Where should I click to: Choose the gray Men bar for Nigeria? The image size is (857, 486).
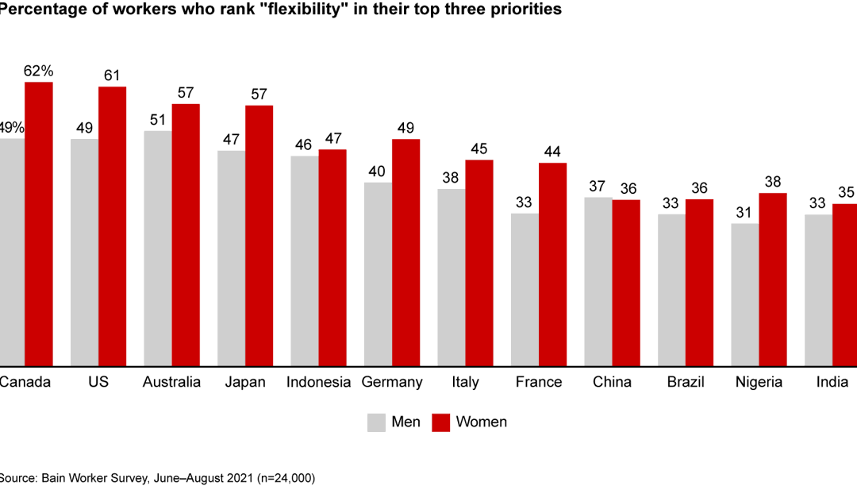click(745, 295)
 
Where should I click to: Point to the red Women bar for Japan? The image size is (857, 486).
click(259, 236)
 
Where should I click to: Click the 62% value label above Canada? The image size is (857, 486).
click(38, 71)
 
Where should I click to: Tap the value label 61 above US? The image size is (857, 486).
click(112, 75)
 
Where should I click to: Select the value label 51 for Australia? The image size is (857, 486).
click(157, 120)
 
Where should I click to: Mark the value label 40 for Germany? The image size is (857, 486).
click(378, 172)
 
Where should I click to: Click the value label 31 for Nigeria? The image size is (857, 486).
click(745, 213)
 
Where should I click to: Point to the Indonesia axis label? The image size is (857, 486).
click(318, 382)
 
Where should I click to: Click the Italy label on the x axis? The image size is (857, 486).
click(465, 382)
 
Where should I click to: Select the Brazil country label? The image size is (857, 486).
click(686, 382)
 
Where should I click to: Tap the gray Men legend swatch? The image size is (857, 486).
click(376, 422)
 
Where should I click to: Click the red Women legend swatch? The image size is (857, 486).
click(440, 422)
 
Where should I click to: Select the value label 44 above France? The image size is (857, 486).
click(553, 152)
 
